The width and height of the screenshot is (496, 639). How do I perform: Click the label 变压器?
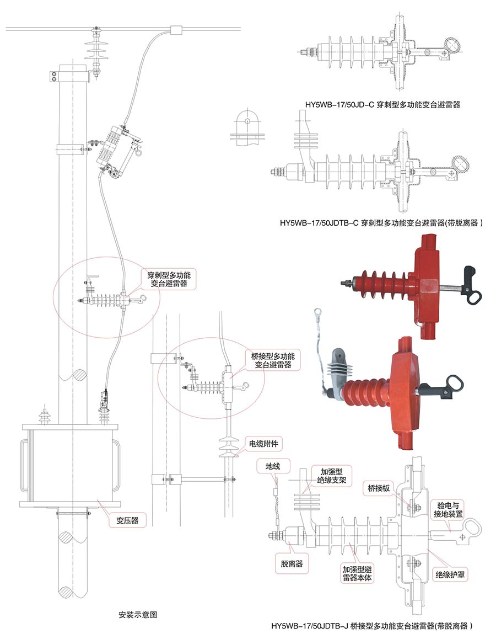[127, 519]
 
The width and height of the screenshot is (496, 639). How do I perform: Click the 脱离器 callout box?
[292, 564]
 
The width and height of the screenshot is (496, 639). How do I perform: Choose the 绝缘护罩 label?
[450, 574]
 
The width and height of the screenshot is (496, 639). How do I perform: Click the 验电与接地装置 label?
[450, 509]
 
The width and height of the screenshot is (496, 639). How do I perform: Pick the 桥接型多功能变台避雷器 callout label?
[273, 360]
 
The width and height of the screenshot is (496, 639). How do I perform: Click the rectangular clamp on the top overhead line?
[176, 29]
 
